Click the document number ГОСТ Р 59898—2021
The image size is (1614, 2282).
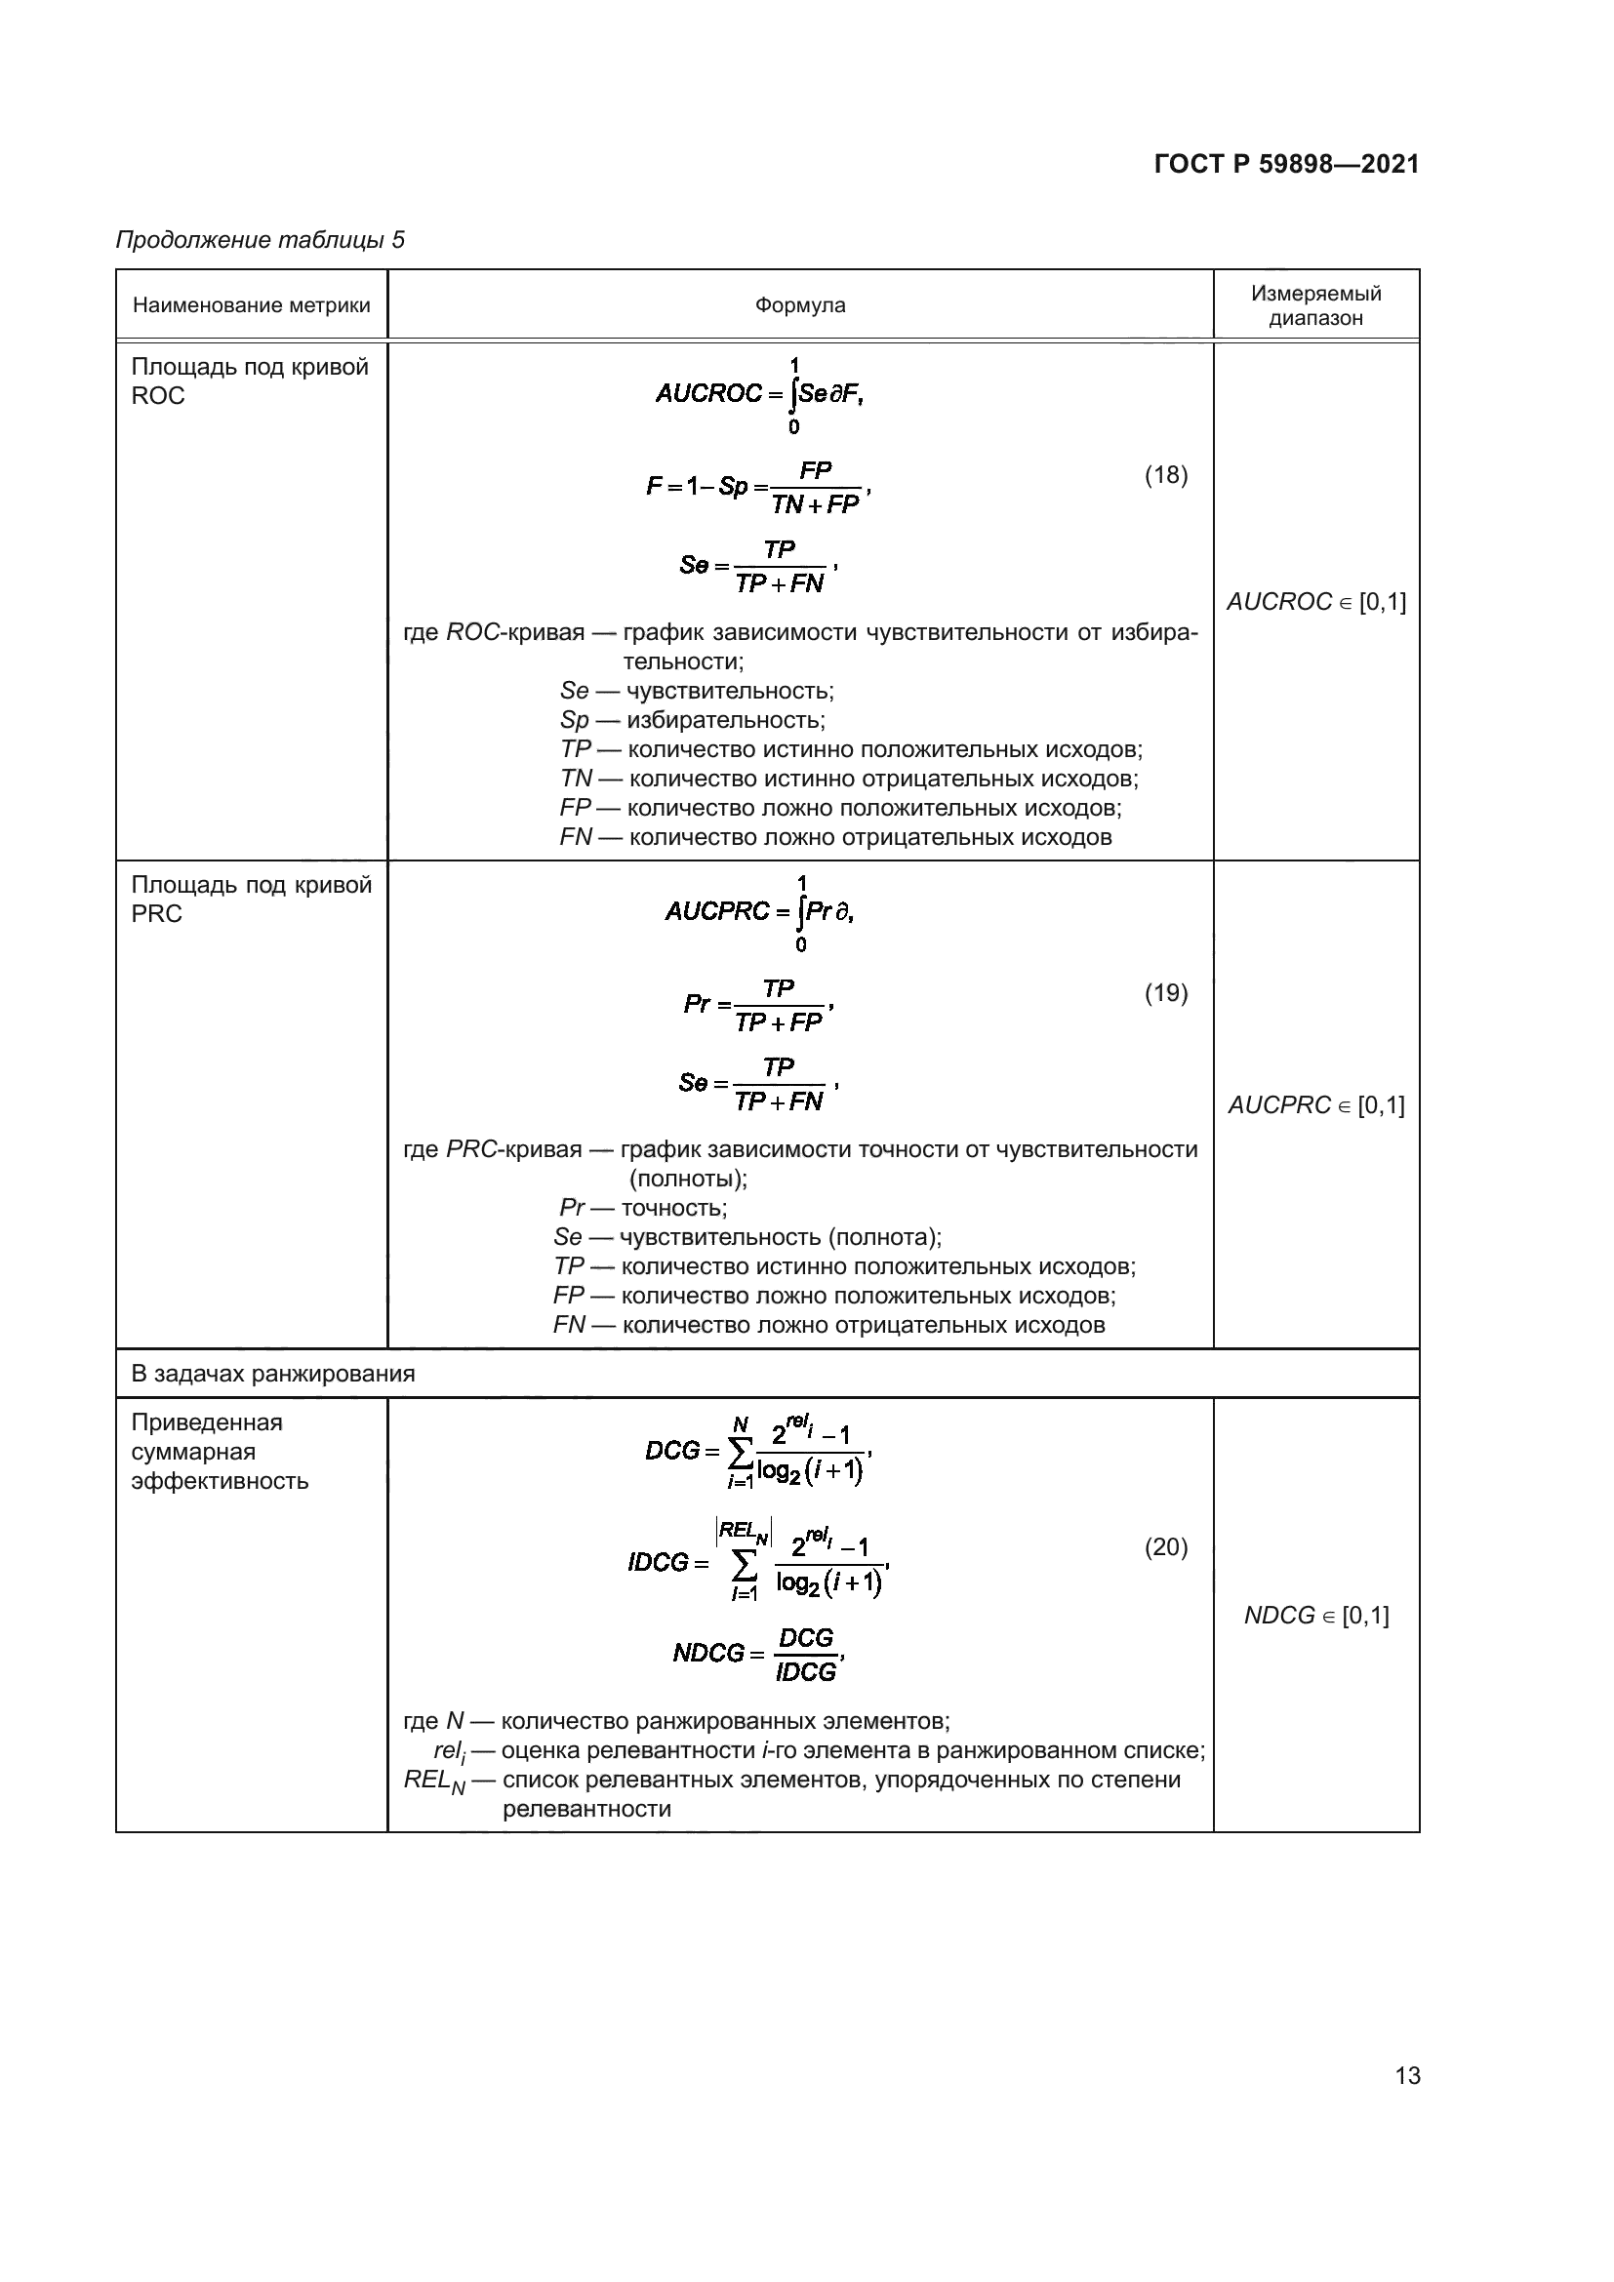point(1286,164)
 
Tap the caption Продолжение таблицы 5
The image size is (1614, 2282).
point(261,240)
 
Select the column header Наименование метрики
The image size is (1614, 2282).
point(252,305)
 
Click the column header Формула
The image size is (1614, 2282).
point(800,305)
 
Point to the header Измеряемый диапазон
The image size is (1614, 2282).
point(1315,305)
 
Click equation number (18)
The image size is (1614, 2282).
point(1166,475)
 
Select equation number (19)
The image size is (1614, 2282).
point(1166,993)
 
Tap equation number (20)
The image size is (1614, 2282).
point(1166,1546)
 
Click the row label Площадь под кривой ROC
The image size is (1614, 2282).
point(250,380)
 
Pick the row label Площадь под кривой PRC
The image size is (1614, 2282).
point(251,899)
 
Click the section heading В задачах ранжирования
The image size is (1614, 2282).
point(273,1374)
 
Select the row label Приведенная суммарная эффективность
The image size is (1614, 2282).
point(220,1451)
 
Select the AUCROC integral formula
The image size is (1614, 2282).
point(759,394)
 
